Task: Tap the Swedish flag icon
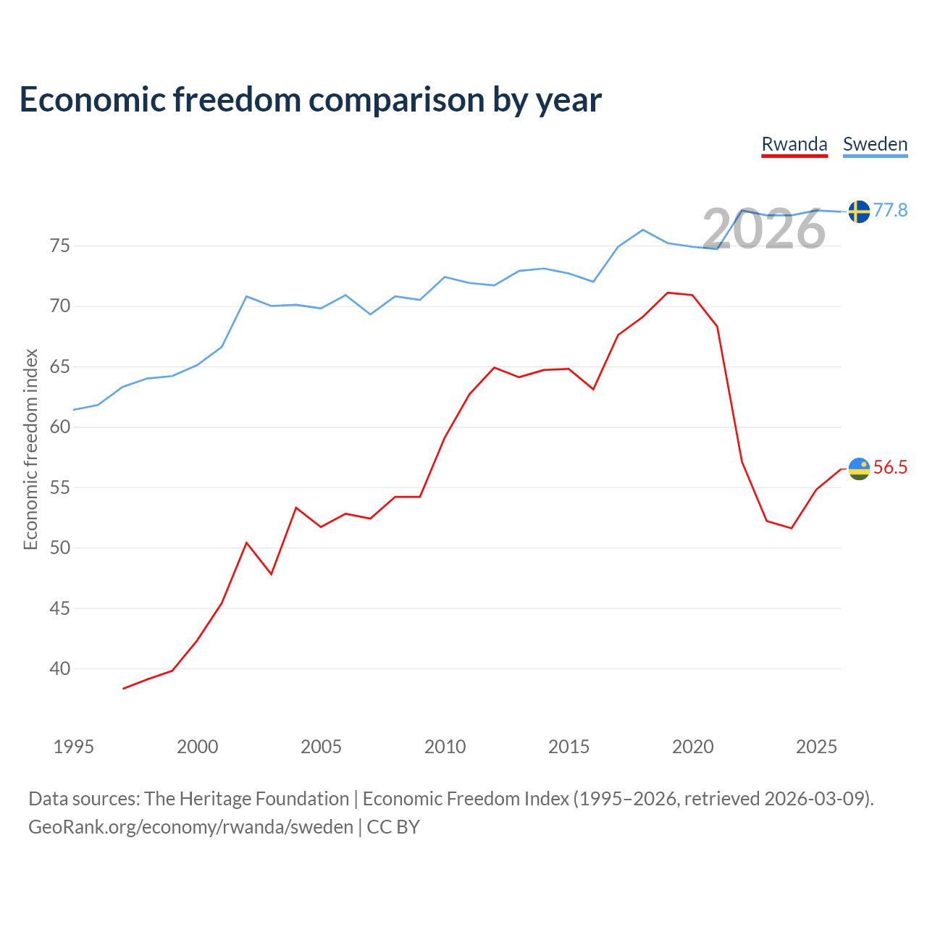859,211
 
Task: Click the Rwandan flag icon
859,469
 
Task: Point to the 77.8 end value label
890,210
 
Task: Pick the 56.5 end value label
890,467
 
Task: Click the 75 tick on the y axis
59,246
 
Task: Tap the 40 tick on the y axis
59,668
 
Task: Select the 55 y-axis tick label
59,487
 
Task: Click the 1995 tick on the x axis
74,747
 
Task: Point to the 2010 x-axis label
445,747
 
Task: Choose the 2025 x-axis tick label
816,747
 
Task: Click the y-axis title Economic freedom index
30,449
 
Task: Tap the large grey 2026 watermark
764,229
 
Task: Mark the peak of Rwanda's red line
668,293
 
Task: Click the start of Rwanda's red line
123,689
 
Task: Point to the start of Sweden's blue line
74,410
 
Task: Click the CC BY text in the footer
393,827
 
